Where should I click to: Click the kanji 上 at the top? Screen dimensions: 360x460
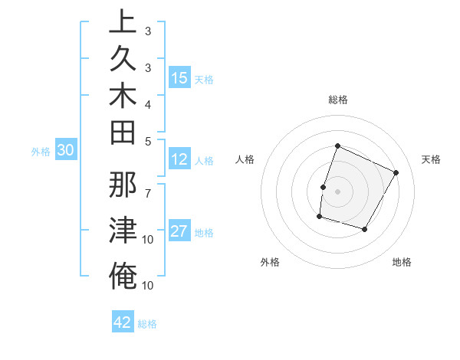(123, 22)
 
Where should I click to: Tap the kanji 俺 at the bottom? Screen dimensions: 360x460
(123, 276)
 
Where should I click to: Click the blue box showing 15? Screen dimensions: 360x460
(179, 78)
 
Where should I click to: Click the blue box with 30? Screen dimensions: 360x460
(66, 151)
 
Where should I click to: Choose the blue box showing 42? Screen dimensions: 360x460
(123, 322)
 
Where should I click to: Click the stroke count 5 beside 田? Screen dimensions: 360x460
(148, 141)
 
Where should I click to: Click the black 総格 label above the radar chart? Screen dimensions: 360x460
(337, 100)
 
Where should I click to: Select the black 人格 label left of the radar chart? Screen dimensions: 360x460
(245, 159)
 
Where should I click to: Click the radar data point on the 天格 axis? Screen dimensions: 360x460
(396, 172)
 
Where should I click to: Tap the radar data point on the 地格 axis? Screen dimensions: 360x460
(365, 229)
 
